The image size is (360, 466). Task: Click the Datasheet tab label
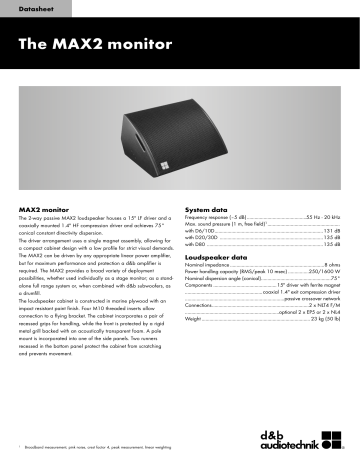tap(38, 11)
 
